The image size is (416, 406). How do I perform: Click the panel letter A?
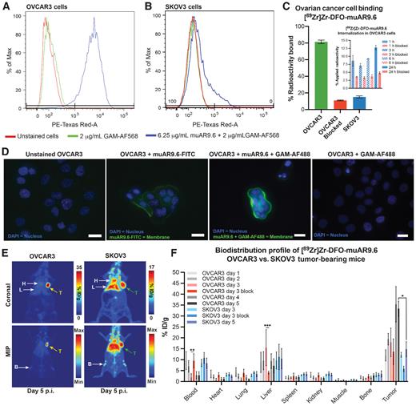click(6, 6)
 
